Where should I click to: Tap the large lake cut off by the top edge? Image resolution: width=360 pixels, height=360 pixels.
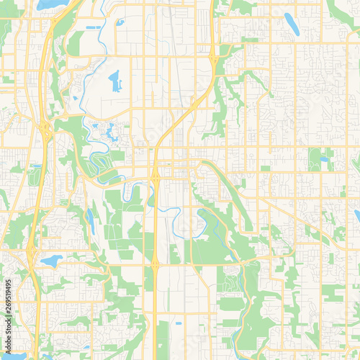52,4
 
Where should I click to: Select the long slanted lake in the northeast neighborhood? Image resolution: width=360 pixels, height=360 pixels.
292,23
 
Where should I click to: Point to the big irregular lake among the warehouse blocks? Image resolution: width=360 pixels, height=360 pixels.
114,81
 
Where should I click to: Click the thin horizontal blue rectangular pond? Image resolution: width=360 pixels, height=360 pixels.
94,28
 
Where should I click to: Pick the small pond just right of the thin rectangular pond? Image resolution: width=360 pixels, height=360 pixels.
120,22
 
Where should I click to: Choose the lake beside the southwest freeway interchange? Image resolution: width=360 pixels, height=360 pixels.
51,260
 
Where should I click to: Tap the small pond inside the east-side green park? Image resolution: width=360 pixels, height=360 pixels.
324,159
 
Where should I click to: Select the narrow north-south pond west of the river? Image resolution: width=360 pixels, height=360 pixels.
91,221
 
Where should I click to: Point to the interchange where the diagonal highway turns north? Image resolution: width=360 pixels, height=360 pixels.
214,63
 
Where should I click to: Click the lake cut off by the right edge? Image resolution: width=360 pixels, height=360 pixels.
357,215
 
